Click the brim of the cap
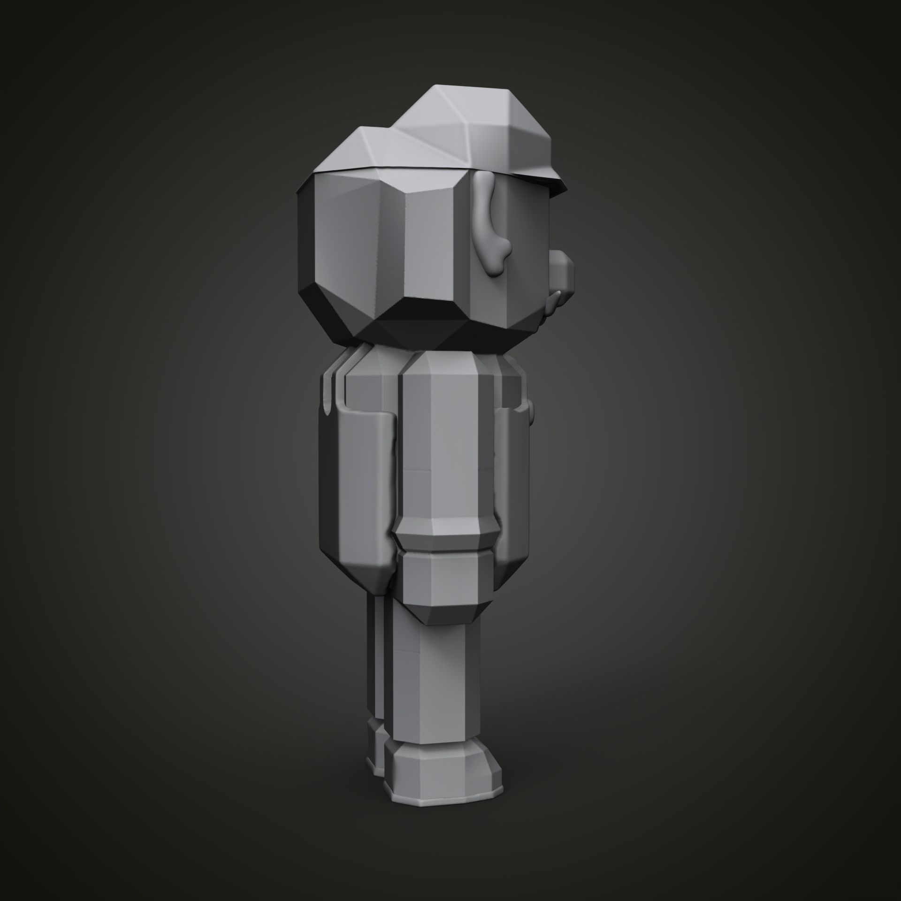pyautogui.click(x=540, y=183)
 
